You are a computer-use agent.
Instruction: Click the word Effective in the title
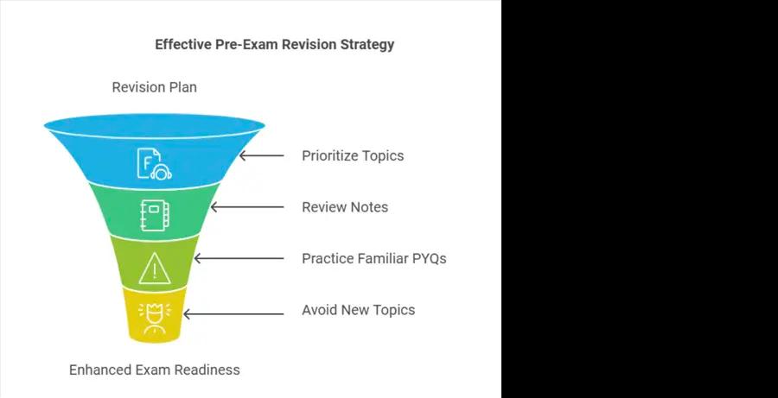pos(183,44)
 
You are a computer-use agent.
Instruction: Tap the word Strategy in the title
pos(367,45)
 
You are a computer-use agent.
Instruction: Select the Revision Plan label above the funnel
pos(155,87)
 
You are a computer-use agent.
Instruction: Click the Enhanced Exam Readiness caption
pos(155,370)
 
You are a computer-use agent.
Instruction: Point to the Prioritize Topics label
pos(353,155)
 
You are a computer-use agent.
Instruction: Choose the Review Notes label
pos(345,207)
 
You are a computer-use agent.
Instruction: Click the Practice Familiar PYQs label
pos(374,259)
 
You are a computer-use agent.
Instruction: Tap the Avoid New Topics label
pos(358,310)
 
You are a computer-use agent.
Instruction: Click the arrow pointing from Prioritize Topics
pos(261,155)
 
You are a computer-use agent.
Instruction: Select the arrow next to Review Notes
pos(247,207)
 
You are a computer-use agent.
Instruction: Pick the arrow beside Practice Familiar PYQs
pos(239,259)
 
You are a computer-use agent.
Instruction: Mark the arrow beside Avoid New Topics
pos(233,313)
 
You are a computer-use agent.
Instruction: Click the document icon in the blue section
pos(155,163)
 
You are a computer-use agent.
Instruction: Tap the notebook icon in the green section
pos(155,215)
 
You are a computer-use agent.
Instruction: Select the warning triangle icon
pos(155,268)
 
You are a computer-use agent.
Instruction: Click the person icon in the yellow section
pos(155,318)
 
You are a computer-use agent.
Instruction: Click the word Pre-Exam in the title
pos(246,44)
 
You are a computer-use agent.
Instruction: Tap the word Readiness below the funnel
pos(209,370)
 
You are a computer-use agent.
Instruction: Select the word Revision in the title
pos(309,44)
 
